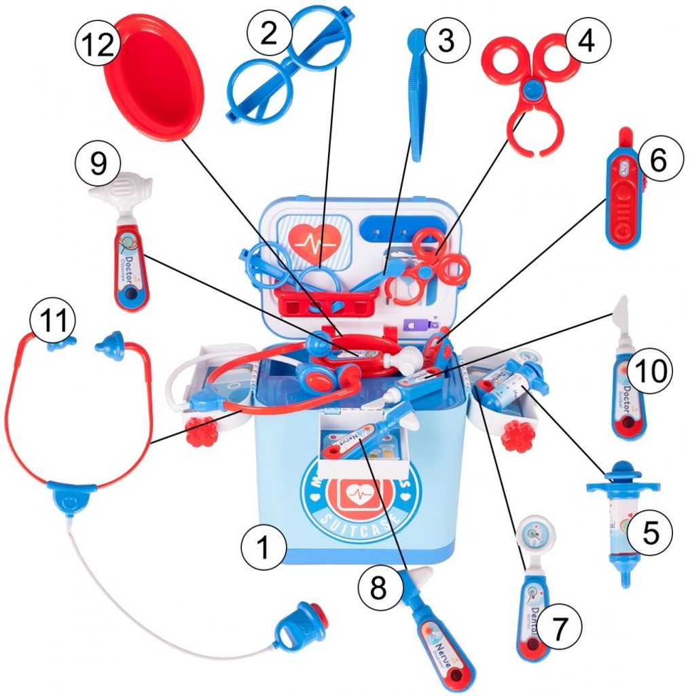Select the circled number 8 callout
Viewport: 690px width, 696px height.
378,589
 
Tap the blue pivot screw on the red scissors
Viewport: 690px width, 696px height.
533,88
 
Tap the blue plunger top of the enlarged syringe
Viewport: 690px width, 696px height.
623,476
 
